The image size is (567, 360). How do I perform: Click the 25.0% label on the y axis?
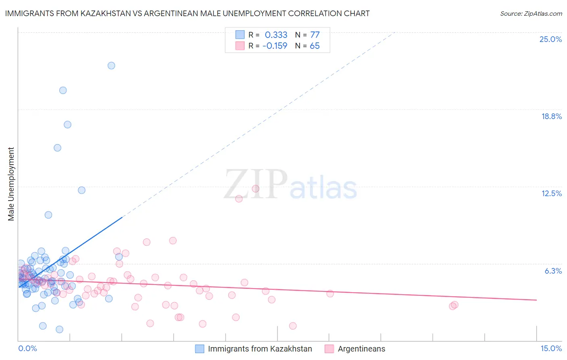point(550,39)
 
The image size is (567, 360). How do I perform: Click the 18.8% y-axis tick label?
point(551,116)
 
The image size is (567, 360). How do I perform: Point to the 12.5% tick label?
point(551,193)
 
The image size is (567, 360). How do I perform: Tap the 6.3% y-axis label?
point(553,271)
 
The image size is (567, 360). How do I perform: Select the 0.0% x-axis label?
point(27,348)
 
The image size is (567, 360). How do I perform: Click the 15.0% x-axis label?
point(551,348)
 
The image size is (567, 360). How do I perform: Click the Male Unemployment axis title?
point(11,184)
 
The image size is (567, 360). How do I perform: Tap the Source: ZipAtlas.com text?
point(531,13)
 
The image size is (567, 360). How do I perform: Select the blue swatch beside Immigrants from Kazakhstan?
point(200,349)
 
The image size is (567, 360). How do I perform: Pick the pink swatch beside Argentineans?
point(329,349)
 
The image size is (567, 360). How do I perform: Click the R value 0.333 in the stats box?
point(276,35)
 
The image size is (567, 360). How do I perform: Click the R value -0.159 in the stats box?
point(275,46)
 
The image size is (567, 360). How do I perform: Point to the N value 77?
point(315,35)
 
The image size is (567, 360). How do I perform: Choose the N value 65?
point(315,46)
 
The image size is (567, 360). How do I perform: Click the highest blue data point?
point(111,65)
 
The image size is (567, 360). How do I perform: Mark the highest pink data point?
point(255,188)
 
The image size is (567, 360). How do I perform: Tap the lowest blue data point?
point(59,329)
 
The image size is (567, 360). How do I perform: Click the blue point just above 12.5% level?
point(81,190)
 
